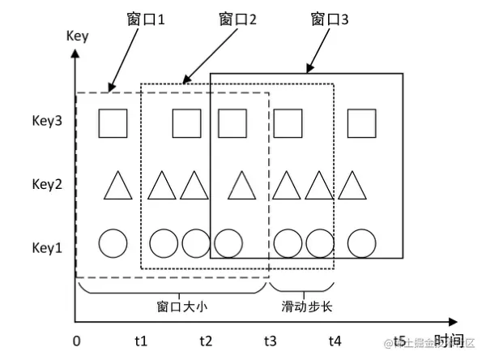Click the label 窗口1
(x=146, y=19)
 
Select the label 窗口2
(x=238, y=19)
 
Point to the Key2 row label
(x=47, y=185)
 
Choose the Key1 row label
(x=47, y=246)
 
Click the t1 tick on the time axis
(x=140, y=341)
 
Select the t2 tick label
(x=206, y=341)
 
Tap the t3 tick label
(x=270, y=341)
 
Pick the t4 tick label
(x=335, y=341)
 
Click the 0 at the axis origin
(x=75, y=341)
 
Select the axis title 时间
(x=449, y=341)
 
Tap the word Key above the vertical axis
(x=76, y=36)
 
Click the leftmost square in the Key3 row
(x=113, y=123)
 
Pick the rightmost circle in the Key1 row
(x=362, y=242)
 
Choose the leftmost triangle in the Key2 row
(x=118, y=186)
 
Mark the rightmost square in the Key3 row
(x=362, y=123)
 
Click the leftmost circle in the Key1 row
(x=113, y=242)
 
